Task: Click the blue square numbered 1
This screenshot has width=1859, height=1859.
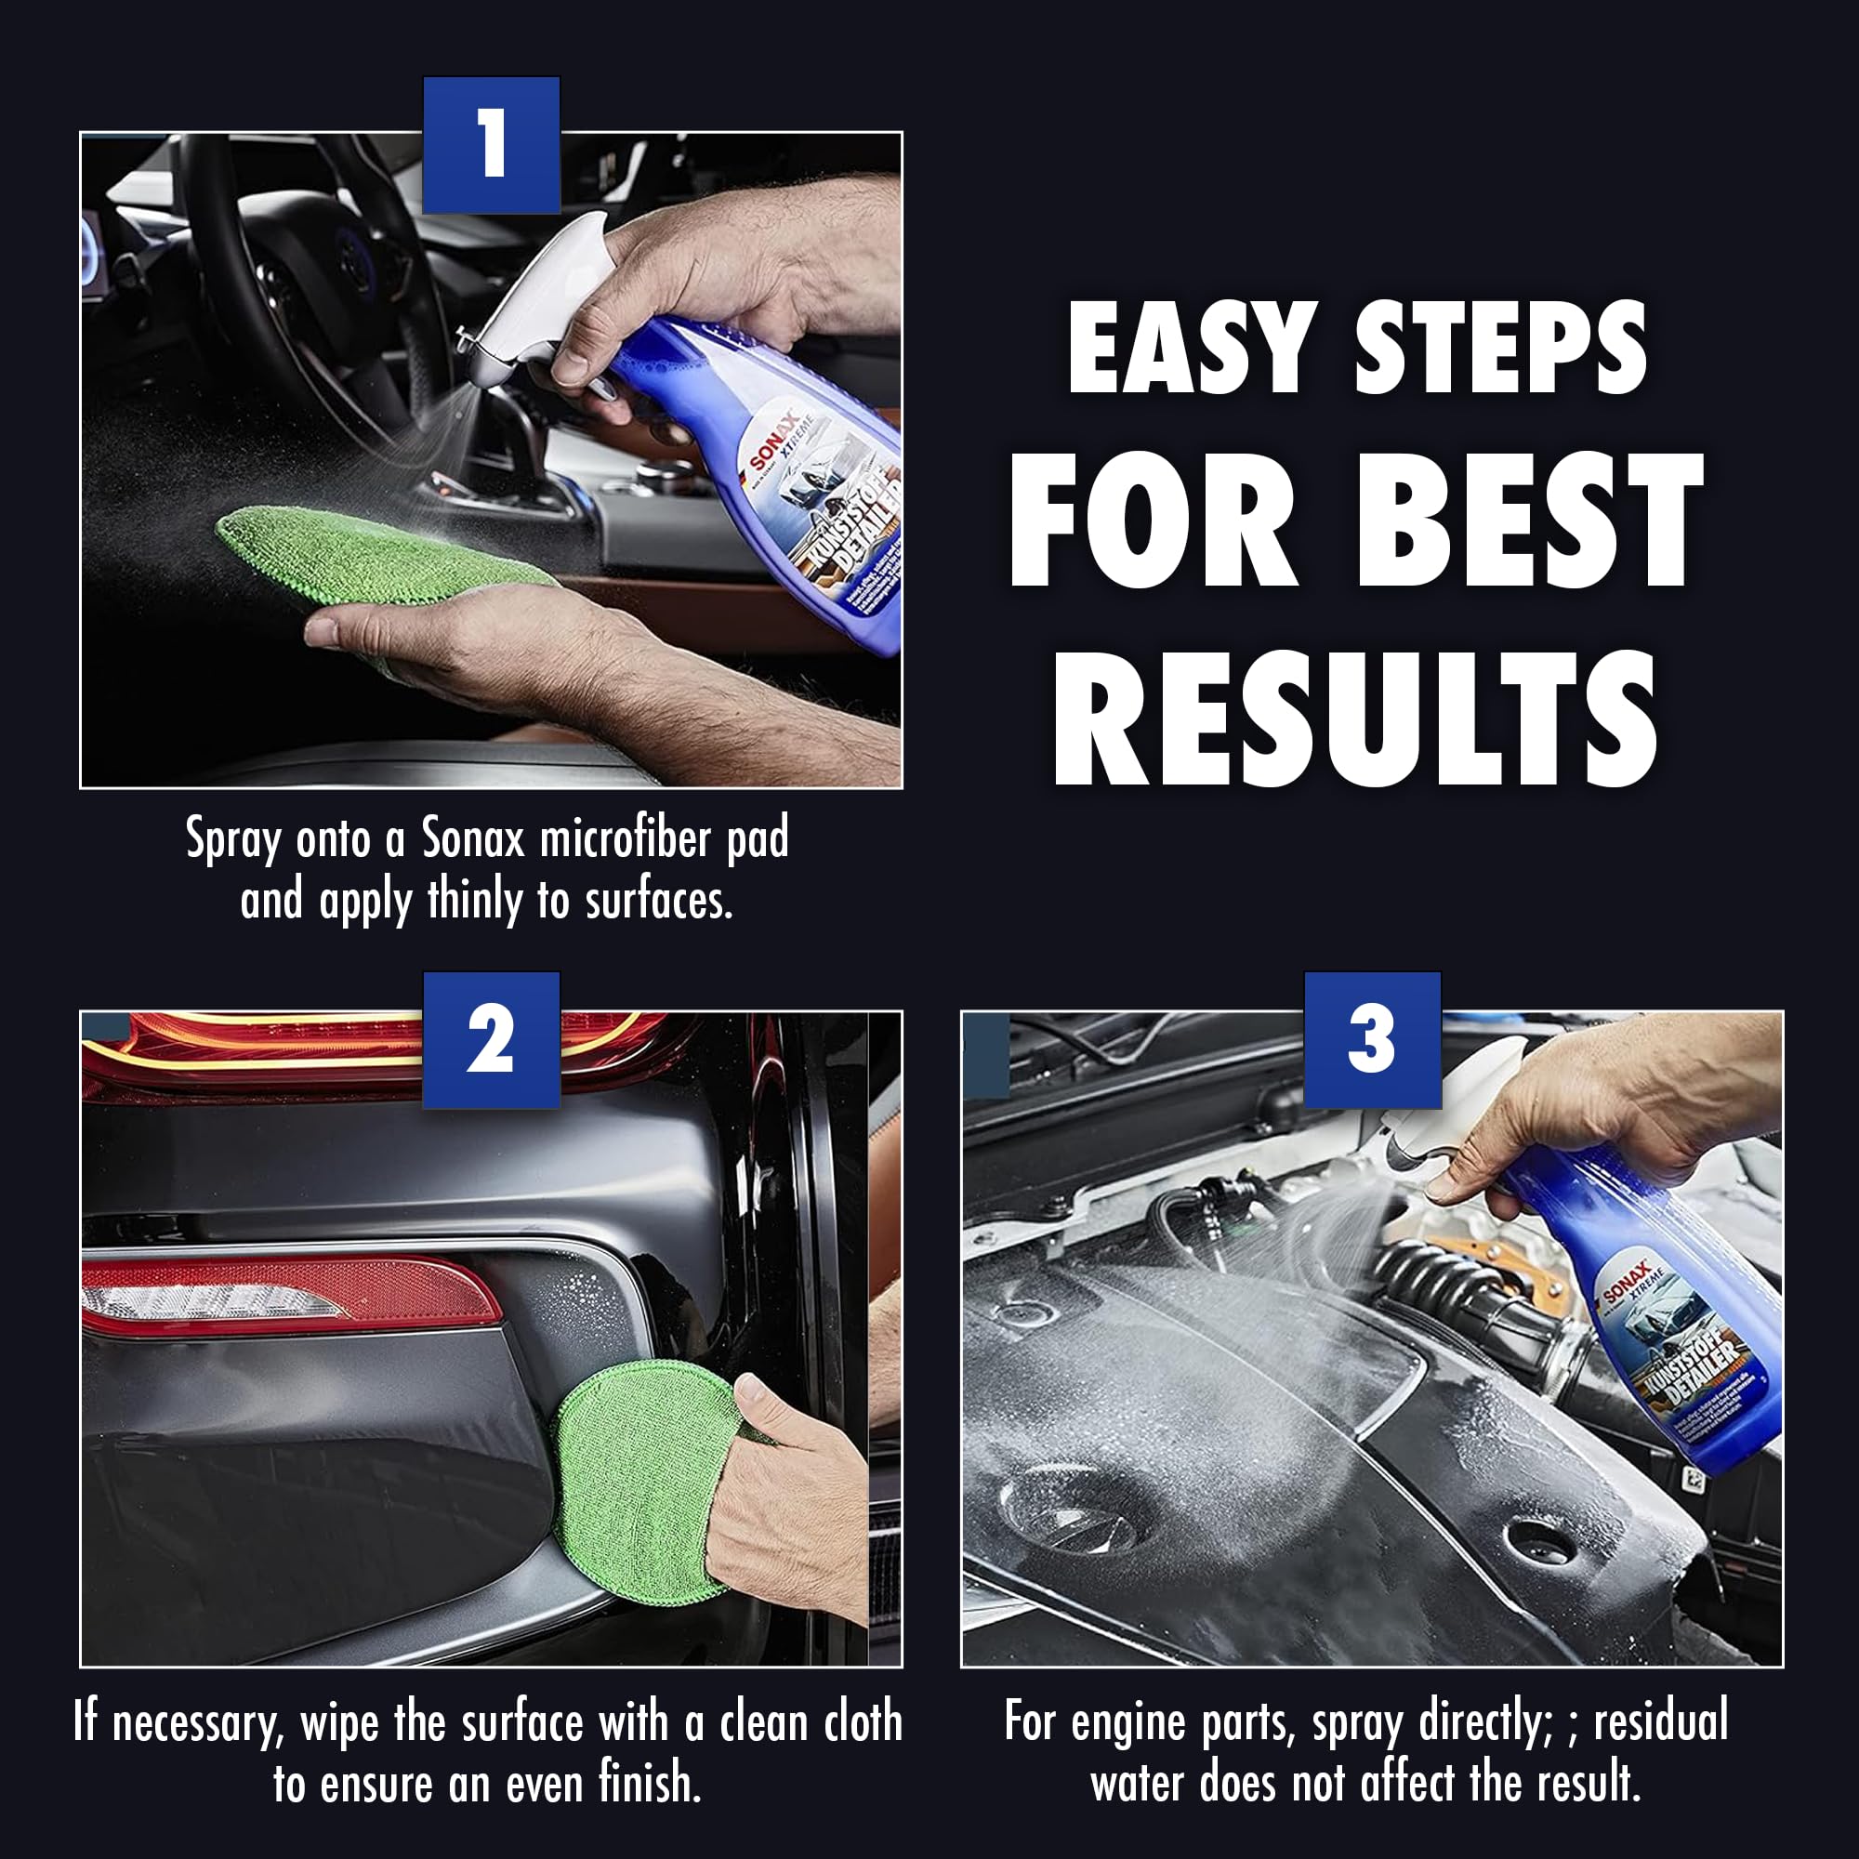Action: coord(491,144)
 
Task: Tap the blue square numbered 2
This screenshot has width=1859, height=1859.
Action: coord(491,1040)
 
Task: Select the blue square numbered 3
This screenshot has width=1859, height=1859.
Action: coord(1372,1040)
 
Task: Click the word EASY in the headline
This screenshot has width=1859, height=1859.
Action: coord(1192,349)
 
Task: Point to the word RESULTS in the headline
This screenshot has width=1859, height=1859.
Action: coord(1356,719)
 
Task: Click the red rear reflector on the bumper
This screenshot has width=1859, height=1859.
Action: coord(289,1295)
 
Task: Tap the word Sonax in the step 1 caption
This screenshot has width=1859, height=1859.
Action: coord(473,838)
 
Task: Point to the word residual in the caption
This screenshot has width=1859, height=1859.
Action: coord(1660,1721)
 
